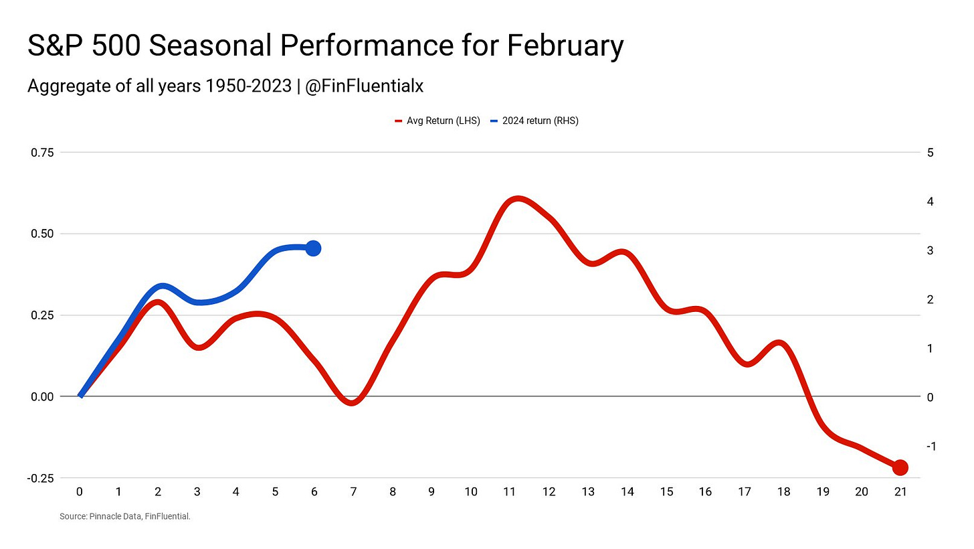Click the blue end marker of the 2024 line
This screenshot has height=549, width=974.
point(313,248)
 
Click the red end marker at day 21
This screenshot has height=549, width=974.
point(900,467)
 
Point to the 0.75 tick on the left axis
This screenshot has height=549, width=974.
point(43,153)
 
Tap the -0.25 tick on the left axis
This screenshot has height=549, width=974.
point(41,478)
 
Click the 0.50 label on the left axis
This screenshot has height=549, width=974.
point(43,234)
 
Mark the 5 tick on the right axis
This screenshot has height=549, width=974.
point(931,153)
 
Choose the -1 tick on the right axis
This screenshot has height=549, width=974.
point(929,446)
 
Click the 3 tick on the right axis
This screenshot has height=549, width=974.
point(931,250)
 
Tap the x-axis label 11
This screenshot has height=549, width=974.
point(510,492)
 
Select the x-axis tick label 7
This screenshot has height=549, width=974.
point(353,492)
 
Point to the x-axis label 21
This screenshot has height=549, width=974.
point(900,492)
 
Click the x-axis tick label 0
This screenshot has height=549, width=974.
point(80,492)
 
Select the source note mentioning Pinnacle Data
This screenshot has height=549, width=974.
point(125,516)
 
